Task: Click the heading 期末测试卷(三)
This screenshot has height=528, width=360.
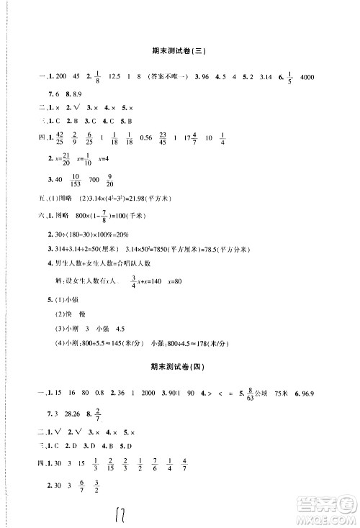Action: coord(179,50)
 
